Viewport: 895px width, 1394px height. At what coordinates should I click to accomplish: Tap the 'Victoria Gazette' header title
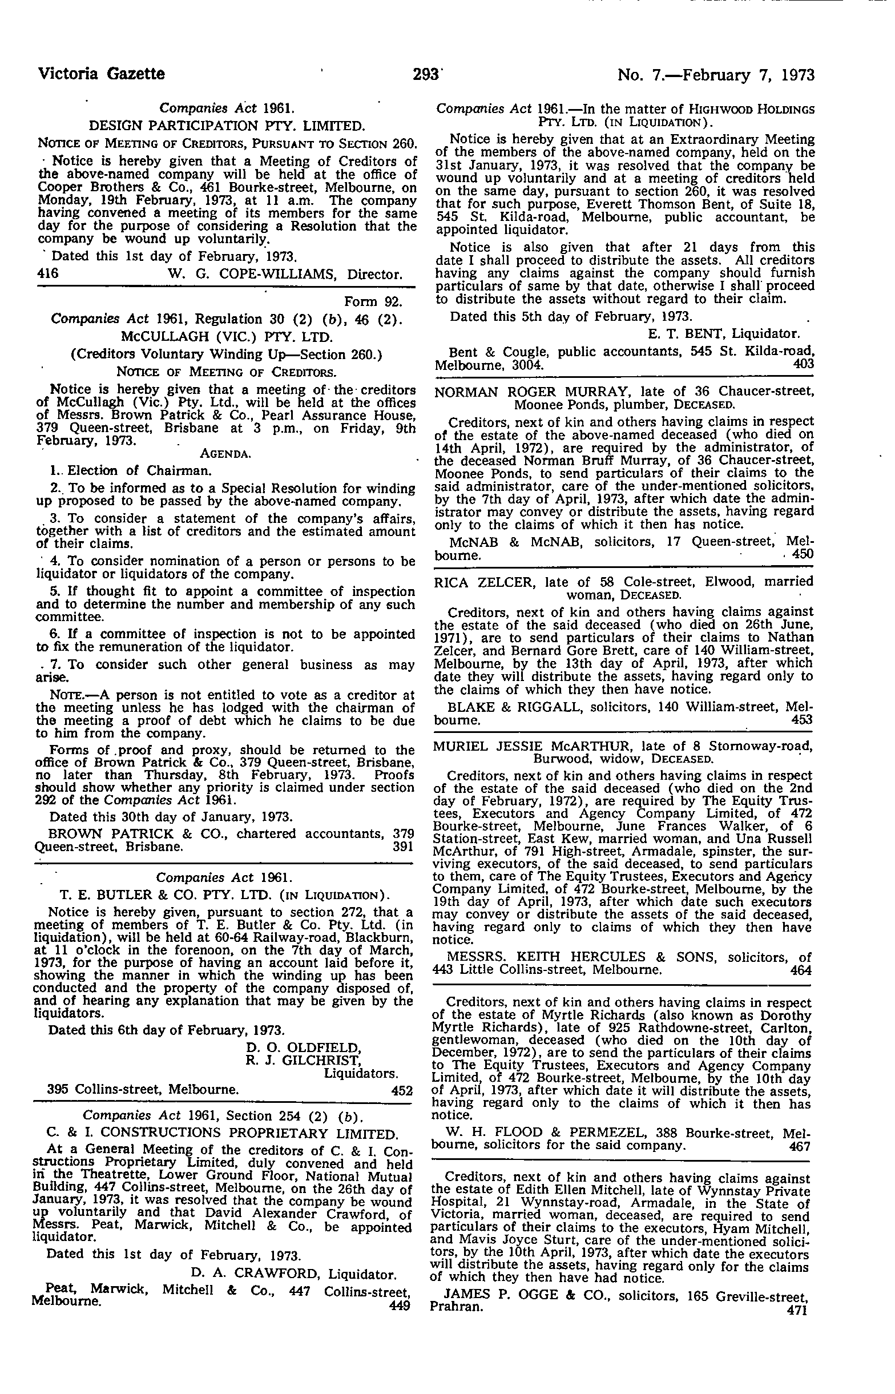pos(101,74)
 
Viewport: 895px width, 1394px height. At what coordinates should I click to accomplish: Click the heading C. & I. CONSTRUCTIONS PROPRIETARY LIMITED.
pos(222,1133)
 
